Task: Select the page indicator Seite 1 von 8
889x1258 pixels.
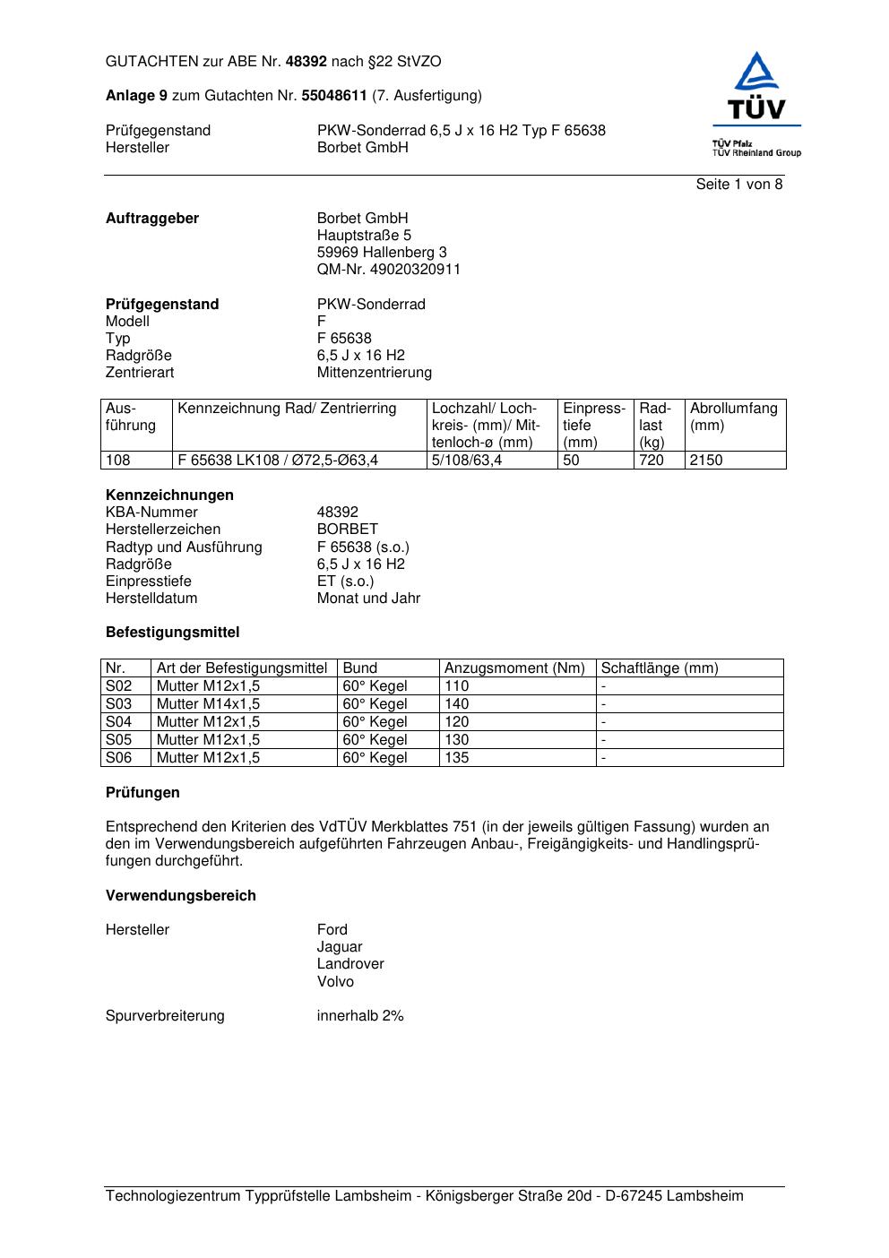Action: pyautogui.click(x=739, y=185)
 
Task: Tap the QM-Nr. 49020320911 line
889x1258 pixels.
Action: pyautogui.click(x=389, y=270)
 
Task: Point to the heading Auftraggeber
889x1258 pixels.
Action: pyautogui.click(x=152, y=219)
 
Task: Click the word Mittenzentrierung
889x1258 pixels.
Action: pyautogui.click(x=374, y=373)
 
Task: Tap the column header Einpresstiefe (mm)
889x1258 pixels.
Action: pyautogui.click(x=594, y=425)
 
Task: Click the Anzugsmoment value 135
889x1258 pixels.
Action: pyautogui.click(x=457, y=758)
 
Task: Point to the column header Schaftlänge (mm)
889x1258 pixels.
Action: pyautogui.click(x=660, y=668)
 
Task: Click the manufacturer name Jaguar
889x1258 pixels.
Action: pyautogui.click(x=340, y=947)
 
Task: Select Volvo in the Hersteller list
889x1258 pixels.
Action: pyautogui.click(x=335, y=982)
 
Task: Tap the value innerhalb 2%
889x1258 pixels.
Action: pyautogui.click(x=360, y=1016)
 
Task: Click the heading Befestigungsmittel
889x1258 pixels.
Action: pyautogui.click(x=173, y=633)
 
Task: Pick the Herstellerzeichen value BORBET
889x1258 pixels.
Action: pyautogui.click(x=348, y=530)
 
